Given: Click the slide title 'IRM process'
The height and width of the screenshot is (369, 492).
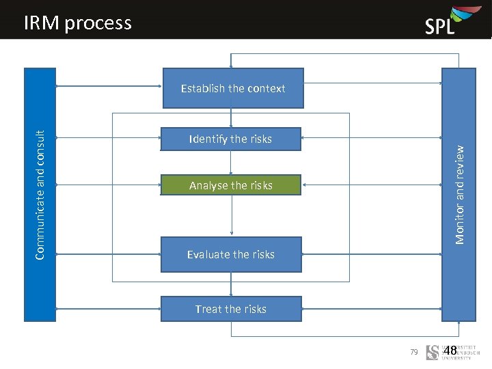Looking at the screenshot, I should click(x=77, y=23).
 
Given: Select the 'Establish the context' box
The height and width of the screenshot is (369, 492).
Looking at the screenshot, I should click(x=233, y=88).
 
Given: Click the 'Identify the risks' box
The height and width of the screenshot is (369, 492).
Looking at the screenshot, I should click(x=230, y=139).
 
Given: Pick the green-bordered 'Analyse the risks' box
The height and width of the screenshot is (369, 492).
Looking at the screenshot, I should click(x=230, y=185).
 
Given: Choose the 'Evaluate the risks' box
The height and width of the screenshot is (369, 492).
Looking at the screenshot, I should click(x=230, y=254).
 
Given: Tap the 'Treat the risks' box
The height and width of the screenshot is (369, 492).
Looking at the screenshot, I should click(x=230, y=309).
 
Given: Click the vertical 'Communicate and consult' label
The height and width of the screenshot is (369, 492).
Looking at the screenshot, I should click(x=40, y=195).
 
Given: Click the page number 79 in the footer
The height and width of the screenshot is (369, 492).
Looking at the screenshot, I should click(x=413, y=352).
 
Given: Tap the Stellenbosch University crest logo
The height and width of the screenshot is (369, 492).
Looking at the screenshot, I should click(x=433, y=353).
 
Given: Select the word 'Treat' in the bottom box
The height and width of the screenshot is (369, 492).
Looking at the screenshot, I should click(x=208, y=309).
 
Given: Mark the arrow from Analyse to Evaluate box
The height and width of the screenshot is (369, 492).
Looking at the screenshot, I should click(x=232, y=216).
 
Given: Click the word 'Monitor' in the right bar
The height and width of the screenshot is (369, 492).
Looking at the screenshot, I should click(x=460, y=223).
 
